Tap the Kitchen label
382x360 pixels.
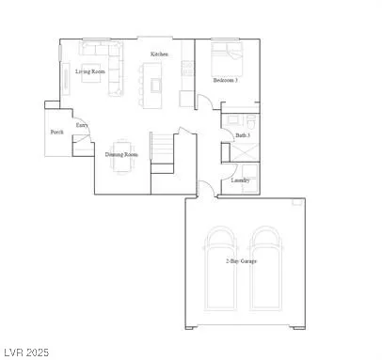pos(159,55)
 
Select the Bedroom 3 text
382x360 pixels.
pos(225,81)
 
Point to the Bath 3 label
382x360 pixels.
pos(242,135)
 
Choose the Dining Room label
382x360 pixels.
pos(122,153)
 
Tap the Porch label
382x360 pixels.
pos(56,133)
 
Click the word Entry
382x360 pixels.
pos(82,125)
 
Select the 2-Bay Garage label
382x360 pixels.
pos(242,260)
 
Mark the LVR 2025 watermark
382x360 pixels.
pos(25,352)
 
